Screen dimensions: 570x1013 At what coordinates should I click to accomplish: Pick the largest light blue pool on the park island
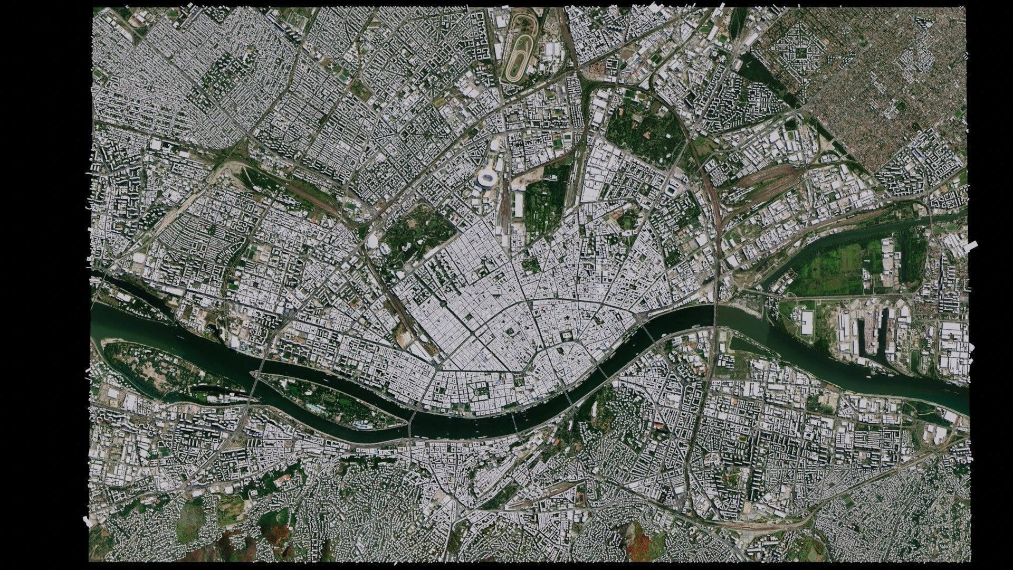tap(316, 408)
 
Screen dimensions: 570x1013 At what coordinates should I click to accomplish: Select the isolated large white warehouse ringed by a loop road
tap(807, 323)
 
